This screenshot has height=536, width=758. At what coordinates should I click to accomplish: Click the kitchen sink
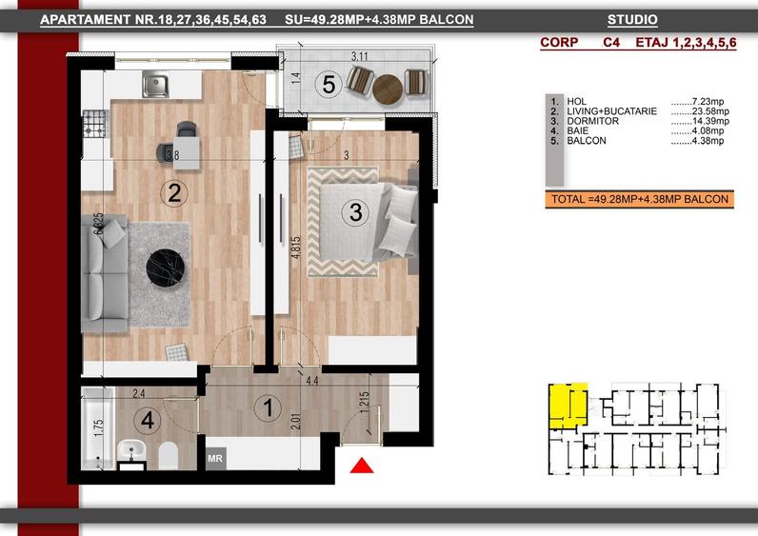155,84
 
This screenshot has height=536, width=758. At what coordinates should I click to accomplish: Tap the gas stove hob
95,123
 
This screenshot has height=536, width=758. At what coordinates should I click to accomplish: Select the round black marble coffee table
166,268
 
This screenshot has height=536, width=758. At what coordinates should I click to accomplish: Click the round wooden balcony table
388,89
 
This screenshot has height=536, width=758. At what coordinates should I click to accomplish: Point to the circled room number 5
329,85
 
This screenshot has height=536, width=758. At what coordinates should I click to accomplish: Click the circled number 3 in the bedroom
355,211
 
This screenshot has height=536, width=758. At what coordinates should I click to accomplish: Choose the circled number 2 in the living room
174,193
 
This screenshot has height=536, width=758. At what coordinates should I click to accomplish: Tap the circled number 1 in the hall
269,407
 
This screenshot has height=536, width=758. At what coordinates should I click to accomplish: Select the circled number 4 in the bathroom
148,420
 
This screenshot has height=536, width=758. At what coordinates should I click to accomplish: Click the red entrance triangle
362,466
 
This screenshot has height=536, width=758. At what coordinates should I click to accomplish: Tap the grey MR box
215,458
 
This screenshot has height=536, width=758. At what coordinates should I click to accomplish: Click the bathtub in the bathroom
98,428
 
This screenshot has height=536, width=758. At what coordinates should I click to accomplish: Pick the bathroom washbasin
131,452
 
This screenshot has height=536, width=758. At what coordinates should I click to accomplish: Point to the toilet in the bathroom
169,455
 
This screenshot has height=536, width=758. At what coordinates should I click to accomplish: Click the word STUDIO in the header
632,20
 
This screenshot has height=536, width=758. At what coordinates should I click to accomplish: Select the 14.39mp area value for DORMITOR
700,121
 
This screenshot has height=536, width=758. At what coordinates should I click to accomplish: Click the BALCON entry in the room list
587,141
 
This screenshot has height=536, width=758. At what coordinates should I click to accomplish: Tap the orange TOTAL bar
640,199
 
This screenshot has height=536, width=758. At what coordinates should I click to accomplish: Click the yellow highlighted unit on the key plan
568,406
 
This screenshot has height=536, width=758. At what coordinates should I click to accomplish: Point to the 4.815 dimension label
296,247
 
